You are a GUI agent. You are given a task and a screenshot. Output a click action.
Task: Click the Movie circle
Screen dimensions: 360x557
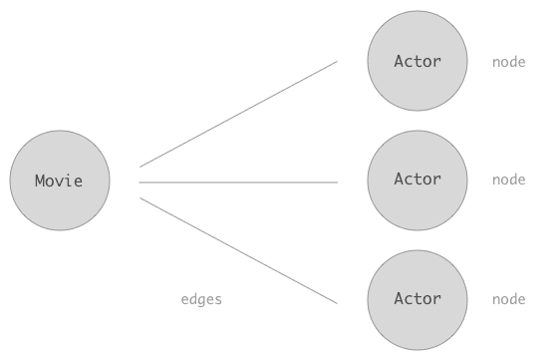click(x=60, y=180)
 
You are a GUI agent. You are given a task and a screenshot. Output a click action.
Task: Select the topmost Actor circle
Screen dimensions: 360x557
click(x=417, y=61)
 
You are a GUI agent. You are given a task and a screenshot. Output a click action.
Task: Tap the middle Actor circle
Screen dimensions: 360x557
click(x=417, y=180)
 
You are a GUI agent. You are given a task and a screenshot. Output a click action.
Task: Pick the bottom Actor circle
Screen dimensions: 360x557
click(x=417, y=299)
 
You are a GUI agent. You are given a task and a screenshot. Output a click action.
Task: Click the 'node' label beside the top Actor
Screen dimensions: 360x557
click(x=508, y=62)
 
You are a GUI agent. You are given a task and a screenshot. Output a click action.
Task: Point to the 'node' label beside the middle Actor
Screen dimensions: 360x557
click(x=508, y=180)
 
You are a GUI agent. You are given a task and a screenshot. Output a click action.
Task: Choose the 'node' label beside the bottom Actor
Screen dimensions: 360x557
click(x=508, y=299)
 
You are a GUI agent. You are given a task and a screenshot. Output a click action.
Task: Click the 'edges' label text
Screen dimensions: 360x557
click(x=201, y=299)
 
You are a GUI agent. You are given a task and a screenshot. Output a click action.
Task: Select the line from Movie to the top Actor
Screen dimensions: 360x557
click(x=239, y=114)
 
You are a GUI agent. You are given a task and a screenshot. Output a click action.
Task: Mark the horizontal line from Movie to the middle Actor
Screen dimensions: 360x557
click(x=239, y=182)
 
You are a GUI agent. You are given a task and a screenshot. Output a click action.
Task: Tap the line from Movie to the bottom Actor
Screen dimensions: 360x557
click(x=239, y=250)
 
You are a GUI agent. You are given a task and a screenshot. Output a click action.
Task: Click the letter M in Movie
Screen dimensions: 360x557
click(x=40, y=181)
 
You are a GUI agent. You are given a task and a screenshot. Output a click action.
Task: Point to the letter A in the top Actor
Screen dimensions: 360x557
click(x=399, y=61)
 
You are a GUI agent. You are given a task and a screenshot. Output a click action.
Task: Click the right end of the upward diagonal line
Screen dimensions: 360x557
click(x=337, y=62)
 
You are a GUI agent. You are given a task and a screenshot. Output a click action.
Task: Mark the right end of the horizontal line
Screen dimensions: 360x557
click(x=337, y=182)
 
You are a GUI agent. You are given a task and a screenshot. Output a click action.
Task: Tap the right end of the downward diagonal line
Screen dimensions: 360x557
click(x=337, y=302)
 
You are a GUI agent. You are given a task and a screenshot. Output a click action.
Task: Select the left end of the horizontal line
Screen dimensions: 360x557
click(x=140, y=182)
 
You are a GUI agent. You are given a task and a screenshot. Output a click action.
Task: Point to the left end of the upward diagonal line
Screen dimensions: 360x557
click(x=140, y=166)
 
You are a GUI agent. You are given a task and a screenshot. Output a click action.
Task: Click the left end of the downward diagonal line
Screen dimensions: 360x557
click(x=140, y=198)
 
